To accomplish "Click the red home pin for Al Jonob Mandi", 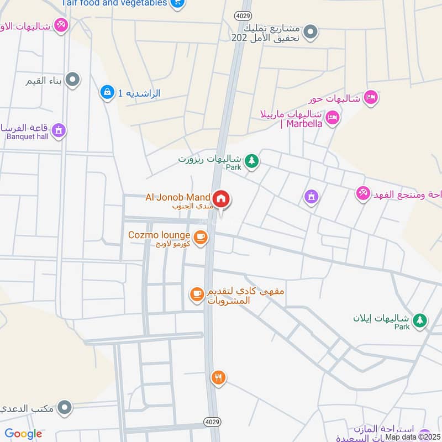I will [222, 199].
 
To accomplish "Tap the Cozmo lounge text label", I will [159, 235].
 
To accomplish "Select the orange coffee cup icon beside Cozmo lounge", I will [201, 238].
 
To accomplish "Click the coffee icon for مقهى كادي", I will [196, 294].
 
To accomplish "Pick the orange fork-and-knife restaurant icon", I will [218, 378].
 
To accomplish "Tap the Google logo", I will [23, 434].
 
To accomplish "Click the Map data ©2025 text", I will [412, 436].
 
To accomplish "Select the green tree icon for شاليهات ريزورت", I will [252, 161].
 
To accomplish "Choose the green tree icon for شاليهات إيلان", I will [420, 320].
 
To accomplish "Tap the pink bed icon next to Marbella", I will [332, 118].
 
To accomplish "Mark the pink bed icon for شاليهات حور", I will [371, 98].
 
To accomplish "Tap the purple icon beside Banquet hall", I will [59, 131].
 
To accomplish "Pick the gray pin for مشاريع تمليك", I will [311, 31].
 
